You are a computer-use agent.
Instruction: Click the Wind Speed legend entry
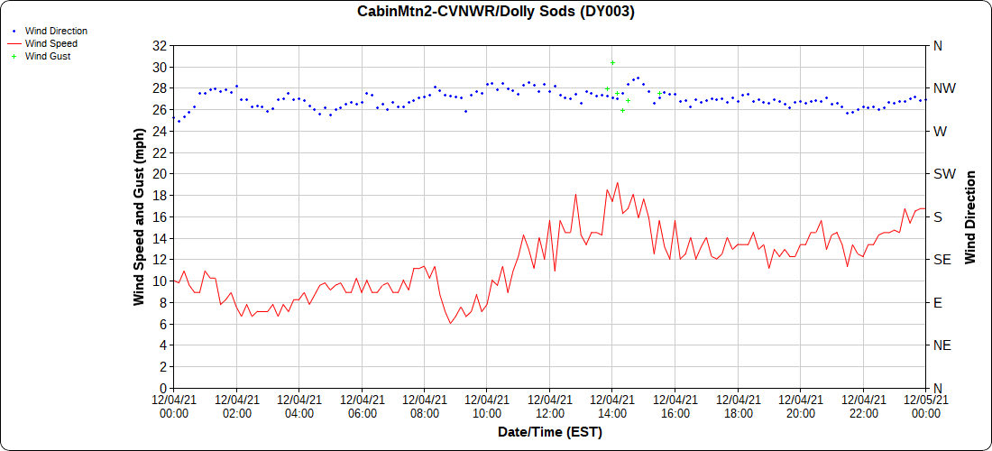(x=51, y=43)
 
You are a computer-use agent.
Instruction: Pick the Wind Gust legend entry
(x=48, y=56)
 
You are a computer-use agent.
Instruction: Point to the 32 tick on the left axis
(x=160, y=45)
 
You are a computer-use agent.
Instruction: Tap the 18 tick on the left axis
(x=160, y=195)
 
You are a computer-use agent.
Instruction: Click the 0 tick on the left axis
(x=163, y=388)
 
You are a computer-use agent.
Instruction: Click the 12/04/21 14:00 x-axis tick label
(x=612, y=407)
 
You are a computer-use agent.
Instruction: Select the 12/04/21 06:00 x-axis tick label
(x=362, y=407)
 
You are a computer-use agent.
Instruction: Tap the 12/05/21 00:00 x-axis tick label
(x=925, y=407)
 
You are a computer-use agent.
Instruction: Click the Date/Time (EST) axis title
(x=549, y=432)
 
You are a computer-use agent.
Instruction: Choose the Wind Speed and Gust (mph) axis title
(x=139, y=216)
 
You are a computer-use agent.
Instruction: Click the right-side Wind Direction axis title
(x=970, y=216)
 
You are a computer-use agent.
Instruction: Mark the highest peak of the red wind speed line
(x=617, y=183)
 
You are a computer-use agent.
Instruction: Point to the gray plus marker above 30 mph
(x=612, y=62)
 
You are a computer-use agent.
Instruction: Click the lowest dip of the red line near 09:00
(x=450, y=323)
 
